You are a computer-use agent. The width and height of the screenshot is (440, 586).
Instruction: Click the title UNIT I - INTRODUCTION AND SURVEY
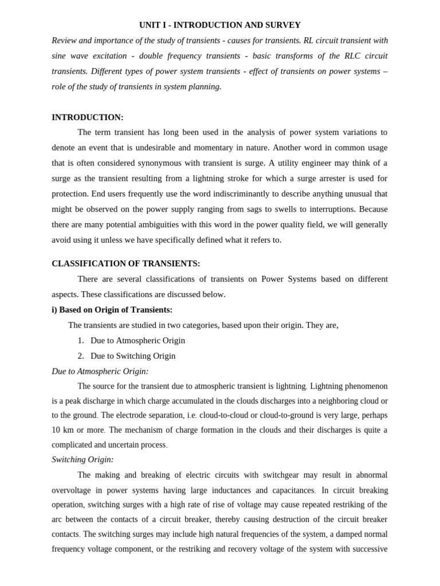pyautogui.click(x=220, y=25)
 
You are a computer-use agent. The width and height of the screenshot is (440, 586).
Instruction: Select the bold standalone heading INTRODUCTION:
pyautogui.click(x=88, y=117)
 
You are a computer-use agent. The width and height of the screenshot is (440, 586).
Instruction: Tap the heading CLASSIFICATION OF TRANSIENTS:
pyautogui.click(x=126, y=264)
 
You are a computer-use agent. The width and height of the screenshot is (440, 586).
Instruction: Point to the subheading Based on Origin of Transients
pyautogui.click(x=112, y=310)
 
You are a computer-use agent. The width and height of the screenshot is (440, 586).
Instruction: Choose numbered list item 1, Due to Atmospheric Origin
pyautogui.click(x=137, y=340)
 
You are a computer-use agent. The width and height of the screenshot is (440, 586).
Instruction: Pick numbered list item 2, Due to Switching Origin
pyautogui.click(x=133, y=356)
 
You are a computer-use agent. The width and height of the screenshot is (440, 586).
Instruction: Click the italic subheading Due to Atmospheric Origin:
pyautogui.click(x=100, y=371)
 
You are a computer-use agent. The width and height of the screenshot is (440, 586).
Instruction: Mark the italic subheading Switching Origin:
pyautogui.click(x=82, y=460)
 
